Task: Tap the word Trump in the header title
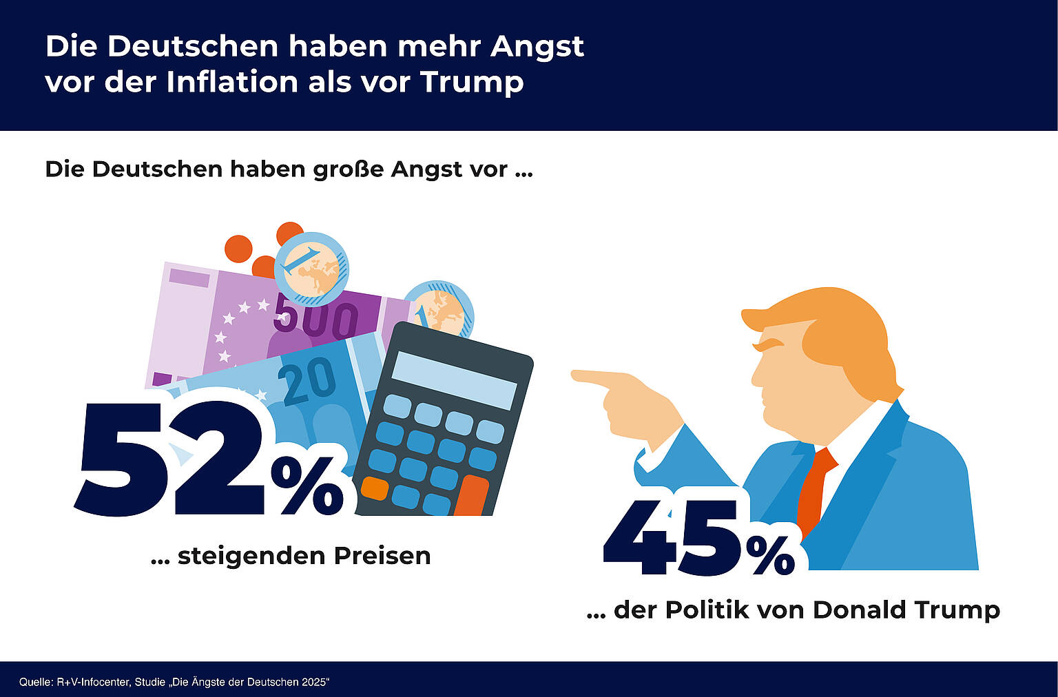tap(472, 81)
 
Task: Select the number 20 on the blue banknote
tap(307, 382)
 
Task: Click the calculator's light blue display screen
tap(455, 381)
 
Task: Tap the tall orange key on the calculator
tap(471, 496)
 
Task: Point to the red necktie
tap(813, 489)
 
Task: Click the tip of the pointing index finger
tap(576, 375)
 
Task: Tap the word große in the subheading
tap(349, 169)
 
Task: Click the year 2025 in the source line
tap(314, 683)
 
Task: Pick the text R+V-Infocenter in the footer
tap(93, 683)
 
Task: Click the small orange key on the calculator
tap(375, 488)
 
